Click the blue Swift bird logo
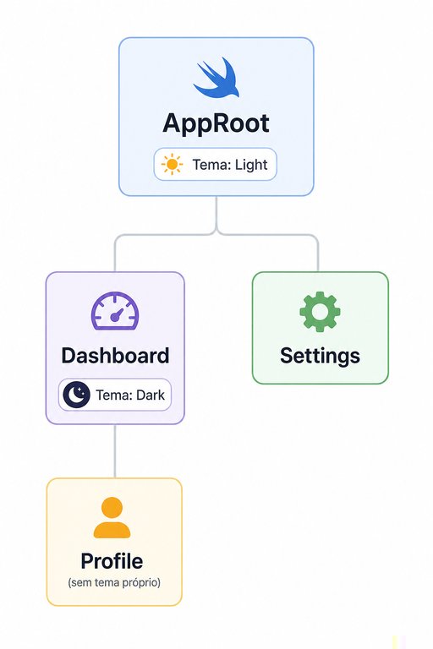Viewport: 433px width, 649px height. (x=216, y=78)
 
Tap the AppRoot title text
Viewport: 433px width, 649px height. (x=216, y=123)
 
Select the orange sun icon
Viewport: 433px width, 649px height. (x=172, y=164)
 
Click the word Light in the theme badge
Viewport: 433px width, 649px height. (x=251, y=165)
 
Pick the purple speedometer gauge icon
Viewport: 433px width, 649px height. (x=115, y=311)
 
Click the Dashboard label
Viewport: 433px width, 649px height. (x=115, y=356)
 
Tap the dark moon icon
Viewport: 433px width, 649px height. (x=76, y=395)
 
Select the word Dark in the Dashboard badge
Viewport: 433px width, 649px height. (x=151, y=395)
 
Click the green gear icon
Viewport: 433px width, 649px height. (x=320, y=312)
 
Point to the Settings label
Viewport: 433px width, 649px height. (x=320, y=356)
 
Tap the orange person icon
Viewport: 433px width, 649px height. (x=112, y=517)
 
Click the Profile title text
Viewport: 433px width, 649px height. (x=112, y=561)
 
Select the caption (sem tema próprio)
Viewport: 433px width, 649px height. (x=114, y=583)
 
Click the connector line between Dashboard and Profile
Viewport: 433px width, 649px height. (x=115, y=451)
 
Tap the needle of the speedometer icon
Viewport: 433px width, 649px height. (x=118, y=314)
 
